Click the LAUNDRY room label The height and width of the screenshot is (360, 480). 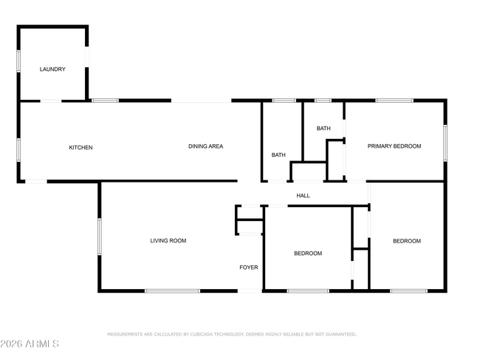point(52,69)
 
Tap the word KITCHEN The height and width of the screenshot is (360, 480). point(80,148)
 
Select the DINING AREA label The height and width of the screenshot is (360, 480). point(205,146)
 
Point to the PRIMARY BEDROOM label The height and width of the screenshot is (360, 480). point(394,146)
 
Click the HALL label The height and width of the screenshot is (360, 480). point(303,196)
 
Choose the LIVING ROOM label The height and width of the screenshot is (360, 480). point(168,240)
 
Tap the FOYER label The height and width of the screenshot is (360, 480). point(249,267)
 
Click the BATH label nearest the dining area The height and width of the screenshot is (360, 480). point(278,155)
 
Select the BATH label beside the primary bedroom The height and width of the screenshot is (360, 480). point(323,129)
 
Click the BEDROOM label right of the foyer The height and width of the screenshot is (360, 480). point(308,254)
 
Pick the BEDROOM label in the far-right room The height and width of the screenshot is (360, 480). point(406,241)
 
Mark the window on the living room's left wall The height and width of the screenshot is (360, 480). point(100,237)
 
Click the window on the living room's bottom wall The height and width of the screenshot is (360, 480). point(172,291)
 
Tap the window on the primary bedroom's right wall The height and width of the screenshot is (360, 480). point(445,143)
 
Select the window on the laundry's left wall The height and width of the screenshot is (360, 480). point(19,61)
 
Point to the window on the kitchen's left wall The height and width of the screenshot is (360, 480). point(19,149)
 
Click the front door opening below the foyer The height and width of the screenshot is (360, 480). point(249,291)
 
